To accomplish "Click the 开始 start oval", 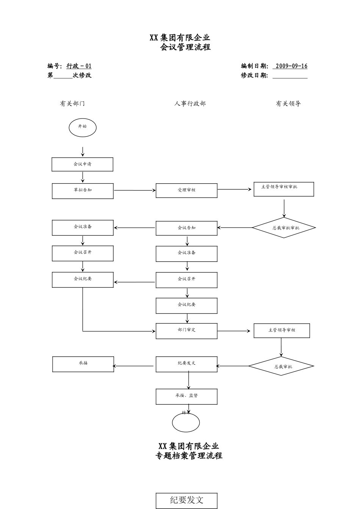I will pyautogui.click(x=82, y=128).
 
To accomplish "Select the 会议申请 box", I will pyautogui.click(x=82, y=164).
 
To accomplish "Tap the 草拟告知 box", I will pyautogui.click(x=82, y=190).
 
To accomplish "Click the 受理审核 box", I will pyautogui.click(x=186, y=190).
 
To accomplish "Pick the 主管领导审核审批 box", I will pyautogui.click(x=283, y=189).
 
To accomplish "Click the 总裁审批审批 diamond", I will pyautogui.click(x=284, y=228).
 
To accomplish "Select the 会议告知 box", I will pyautogui.click(x=186, y=228).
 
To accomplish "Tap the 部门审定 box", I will pyautogui.click(x=186, y=331).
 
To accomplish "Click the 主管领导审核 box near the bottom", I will pyautogui.click(x=282, y=330).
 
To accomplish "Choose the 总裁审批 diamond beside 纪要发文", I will pyautogui.click(x=281, y=366).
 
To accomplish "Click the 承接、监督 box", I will pyautogui.click(x=186, y=396).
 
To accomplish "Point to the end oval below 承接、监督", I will pyautogui.click(x=186, y=422).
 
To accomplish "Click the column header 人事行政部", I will pyautogui.click(x=190, y=103).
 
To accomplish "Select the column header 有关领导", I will pyautogui.click(x=288, y=103).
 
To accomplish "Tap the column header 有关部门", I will pyautogui.click(x=72, y=103).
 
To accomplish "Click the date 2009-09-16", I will pyautogui.click(x=291, y=66).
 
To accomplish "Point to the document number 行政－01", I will pyautogui.click(x=79, y=66).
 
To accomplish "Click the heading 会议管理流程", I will pyautogui.click(x=185, y=47).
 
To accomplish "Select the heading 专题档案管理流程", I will pyautogui.click(x=189, y=456).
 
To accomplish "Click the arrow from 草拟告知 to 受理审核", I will pyautogui.click(x=135, y=190).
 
